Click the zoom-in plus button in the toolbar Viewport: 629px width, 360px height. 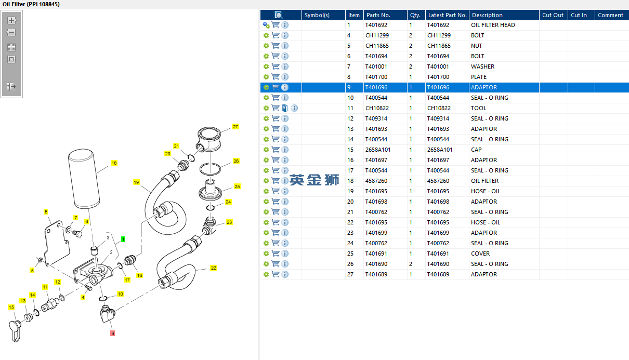[11, 20]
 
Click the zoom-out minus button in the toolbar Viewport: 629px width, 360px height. [11, 32]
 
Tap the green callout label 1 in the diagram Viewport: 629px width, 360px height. [123, 239]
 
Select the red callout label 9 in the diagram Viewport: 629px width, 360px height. [113, 334]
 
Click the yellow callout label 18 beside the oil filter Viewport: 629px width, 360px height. [114, 163]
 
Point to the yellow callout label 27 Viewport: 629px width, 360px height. [235, 127]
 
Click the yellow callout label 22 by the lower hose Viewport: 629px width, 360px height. [214, 268]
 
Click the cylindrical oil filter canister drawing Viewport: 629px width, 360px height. [84, 179]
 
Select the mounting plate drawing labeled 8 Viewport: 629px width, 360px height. [57, 243]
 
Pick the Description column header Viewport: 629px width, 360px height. [487, 15]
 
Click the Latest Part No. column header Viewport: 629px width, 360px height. [447, 15]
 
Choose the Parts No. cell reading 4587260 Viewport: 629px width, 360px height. [376, 181]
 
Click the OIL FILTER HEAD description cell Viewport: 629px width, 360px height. [493, 25]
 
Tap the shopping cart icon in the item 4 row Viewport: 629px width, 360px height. [276, 35]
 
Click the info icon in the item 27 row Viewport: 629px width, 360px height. [285, 274]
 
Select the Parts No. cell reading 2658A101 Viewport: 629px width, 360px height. [378, 150]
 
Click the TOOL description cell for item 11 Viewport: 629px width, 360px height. [478, 108]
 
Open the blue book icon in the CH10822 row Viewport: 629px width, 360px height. [285, 108]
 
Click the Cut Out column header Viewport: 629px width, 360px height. [553, 15]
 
